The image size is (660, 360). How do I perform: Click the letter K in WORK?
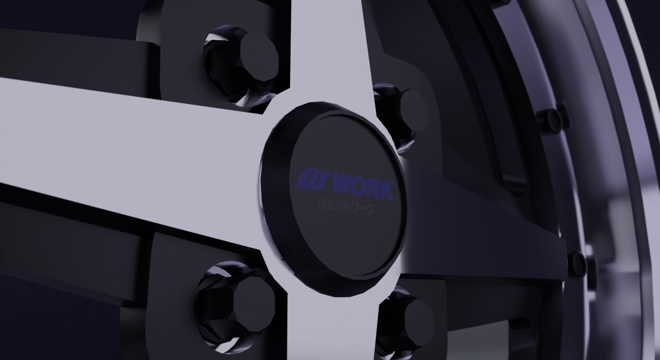coord(385,191)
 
